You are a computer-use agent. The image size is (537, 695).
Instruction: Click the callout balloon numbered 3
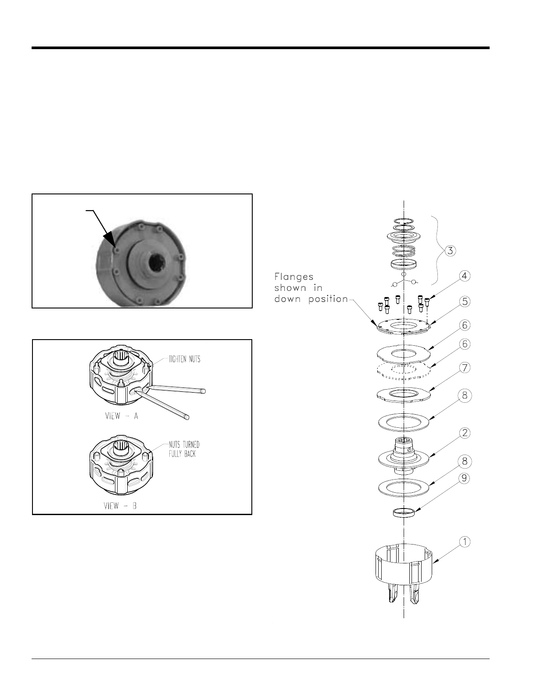click(450, 251)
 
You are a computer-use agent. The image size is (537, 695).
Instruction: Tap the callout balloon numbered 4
click(465, 276)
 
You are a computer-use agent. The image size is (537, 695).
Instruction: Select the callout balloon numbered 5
click(465, 301)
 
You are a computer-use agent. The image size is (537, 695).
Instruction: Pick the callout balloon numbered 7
click(465, 368)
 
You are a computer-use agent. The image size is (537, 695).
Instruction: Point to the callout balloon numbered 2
click(465, 433)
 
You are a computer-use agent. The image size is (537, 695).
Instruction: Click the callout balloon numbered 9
click(465, 478)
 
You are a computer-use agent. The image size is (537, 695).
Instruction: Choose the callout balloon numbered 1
click(465, 542)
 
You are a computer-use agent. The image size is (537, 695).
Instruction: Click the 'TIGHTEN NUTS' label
click(185, 359)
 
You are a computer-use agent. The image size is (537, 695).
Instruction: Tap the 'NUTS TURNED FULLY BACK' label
click(184, 449)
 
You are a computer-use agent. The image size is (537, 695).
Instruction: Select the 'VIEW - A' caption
click(122, 416)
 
